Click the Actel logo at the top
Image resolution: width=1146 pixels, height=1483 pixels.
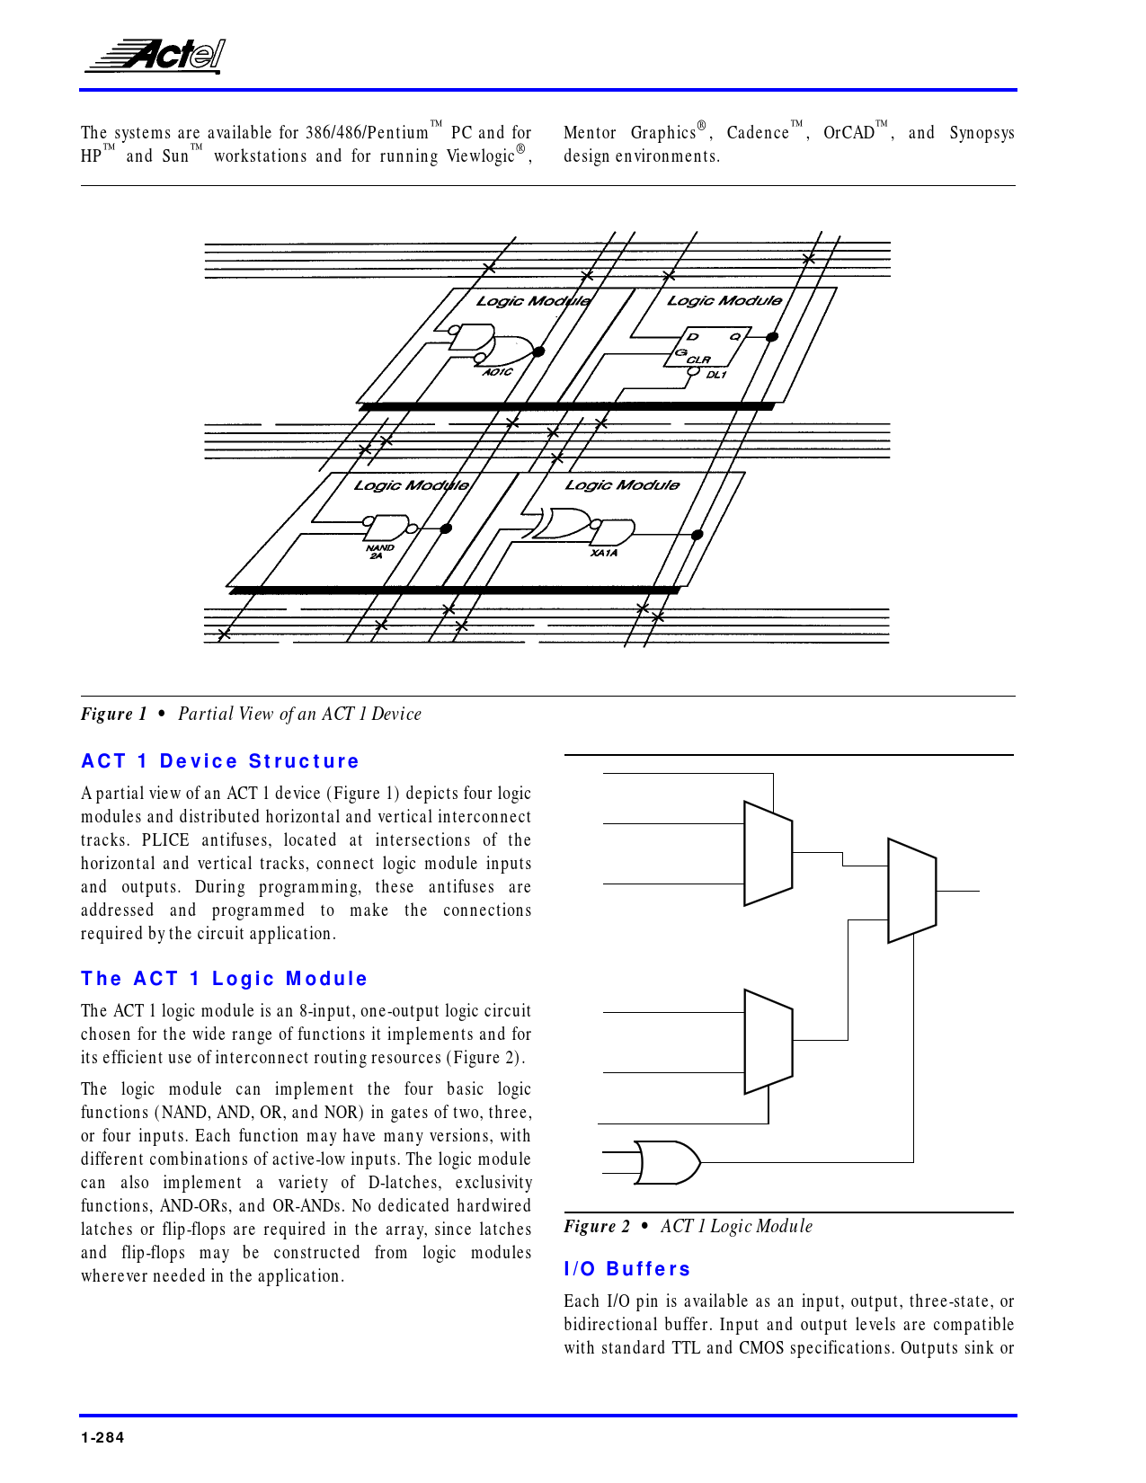pos(155,56)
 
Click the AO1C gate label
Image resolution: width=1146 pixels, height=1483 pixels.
pos(497,372)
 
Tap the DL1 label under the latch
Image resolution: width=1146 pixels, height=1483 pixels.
pos(715,375)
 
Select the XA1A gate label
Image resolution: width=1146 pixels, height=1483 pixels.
pos(604,553)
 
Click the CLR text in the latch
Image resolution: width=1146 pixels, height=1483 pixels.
pos(698,360)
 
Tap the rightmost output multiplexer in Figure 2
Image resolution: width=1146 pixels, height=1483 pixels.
pos(911,891)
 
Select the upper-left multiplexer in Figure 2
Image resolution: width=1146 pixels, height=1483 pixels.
pos(768,853)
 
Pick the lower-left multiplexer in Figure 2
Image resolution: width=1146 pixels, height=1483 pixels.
pos(768,1043)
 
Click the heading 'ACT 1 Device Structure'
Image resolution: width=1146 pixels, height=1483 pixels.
pos(220,761)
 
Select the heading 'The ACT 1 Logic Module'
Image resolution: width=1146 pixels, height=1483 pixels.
pos(225,979)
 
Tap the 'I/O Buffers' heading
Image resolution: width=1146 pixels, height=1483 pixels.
pos(627,1269)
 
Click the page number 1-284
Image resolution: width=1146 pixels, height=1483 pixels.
pos(102,1437)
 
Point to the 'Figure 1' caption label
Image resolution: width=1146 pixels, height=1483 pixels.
pos(113,715)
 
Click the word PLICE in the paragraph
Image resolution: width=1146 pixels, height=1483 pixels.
pos(165,840)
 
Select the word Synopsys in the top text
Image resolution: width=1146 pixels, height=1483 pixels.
pos(982,133)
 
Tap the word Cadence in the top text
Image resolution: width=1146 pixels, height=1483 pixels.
pos(758,133)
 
